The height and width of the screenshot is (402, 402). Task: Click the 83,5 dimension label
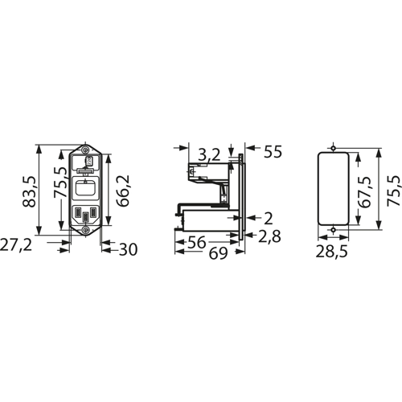click(x=29, y=191)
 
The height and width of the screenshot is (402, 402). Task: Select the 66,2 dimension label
click(x=123, y=191)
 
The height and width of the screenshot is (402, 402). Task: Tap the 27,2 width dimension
click(x=16, y=244)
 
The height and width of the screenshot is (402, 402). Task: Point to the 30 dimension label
click(x=128, y=249)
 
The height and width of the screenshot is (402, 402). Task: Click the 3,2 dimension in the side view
click(x=209, y=155)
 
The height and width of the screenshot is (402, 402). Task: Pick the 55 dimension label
click(x=273, y=152)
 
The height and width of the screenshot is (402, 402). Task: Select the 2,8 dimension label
click(x=269, y=236)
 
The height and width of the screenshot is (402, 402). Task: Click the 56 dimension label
click(x=196, y=242)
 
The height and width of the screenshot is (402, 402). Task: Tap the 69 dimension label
click(x=218, y=253)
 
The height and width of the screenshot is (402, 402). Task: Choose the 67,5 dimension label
click(x=365, y=192)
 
